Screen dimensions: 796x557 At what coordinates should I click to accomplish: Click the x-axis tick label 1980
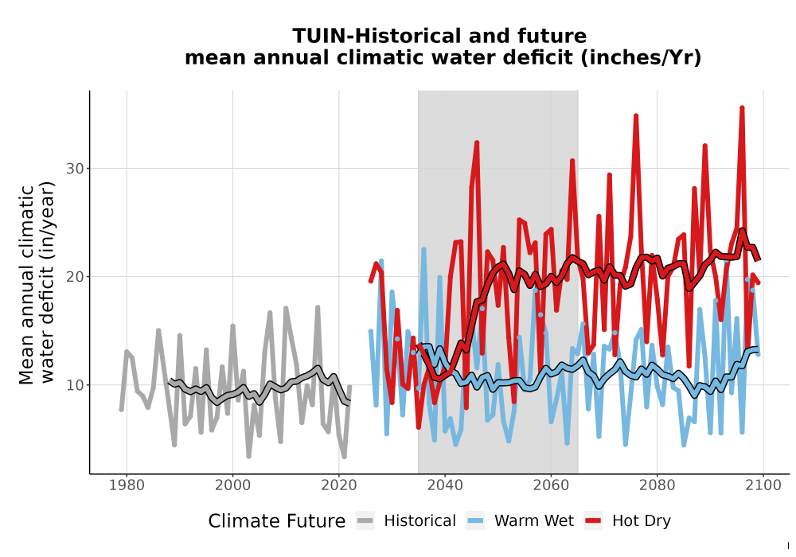127,485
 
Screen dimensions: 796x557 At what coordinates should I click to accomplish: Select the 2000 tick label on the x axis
232,485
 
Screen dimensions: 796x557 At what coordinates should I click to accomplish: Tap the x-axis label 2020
338,485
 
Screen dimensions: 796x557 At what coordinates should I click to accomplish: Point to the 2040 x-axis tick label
445,485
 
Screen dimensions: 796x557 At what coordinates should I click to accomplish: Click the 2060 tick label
551,485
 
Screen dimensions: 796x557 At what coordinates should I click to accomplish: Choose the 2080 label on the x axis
657,485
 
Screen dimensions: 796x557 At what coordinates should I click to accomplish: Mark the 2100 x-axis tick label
763,485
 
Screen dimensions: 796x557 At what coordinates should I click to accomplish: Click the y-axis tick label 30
75,169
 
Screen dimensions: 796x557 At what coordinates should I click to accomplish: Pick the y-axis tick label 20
75,276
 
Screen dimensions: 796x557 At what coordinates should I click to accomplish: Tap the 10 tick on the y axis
75,385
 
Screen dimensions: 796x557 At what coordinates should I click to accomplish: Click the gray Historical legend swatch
365,521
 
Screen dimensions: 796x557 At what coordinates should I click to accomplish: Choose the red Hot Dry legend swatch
593,521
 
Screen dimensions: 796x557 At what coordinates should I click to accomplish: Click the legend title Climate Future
277,521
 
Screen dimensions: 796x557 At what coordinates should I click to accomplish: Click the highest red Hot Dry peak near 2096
742,107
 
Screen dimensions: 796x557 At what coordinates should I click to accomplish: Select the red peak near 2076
635,115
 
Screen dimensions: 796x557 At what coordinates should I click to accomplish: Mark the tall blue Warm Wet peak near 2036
423,249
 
